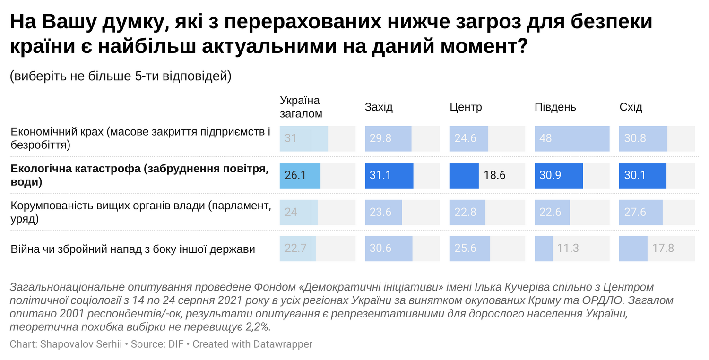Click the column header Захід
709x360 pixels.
[x=379, y=107]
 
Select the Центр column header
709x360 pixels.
[x=466, y=107]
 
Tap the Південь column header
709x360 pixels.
[x=555, y=107]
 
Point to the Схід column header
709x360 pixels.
[x=631, y=107]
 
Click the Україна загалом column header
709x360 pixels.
[x=301, y=107]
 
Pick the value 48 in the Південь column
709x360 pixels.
[x=546, y=138]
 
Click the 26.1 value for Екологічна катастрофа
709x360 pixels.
[x=295, y=175]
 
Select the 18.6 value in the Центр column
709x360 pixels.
[x=494, y=175]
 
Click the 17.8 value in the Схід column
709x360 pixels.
[x=663, y=248]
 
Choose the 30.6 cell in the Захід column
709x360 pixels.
[x=380, y=248]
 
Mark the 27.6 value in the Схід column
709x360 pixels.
[x=635, y=212]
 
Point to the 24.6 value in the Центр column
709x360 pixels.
[x=465, y=138]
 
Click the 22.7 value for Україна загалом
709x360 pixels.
[x=296, y=248]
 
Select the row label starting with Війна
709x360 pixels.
[x=133, y=249]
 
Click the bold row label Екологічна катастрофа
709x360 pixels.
[x=139, y=175]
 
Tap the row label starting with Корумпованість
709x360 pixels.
[x=141, y=212]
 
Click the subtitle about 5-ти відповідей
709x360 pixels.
[x=121, y=77]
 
